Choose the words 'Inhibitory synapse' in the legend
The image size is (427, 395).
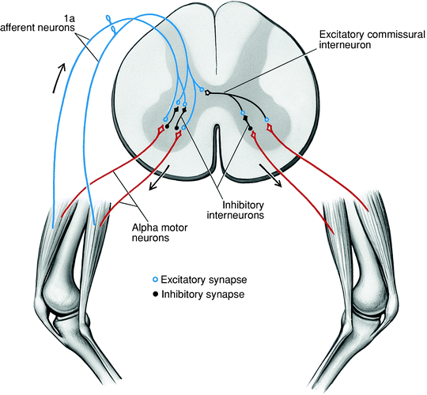pos(198,294)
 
